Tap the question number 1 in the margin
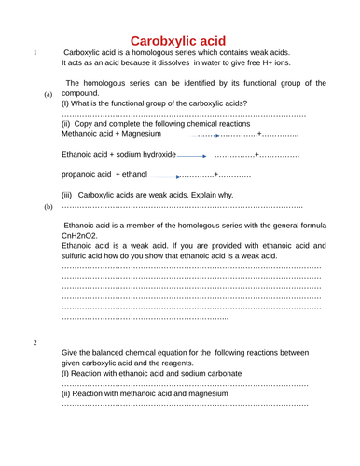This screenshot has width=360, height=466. [x=35, y=53]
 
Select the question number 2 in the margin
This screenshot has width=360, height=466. [x=35, y=342]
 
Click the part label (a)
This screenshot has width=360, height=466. [x=48, y=96]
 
